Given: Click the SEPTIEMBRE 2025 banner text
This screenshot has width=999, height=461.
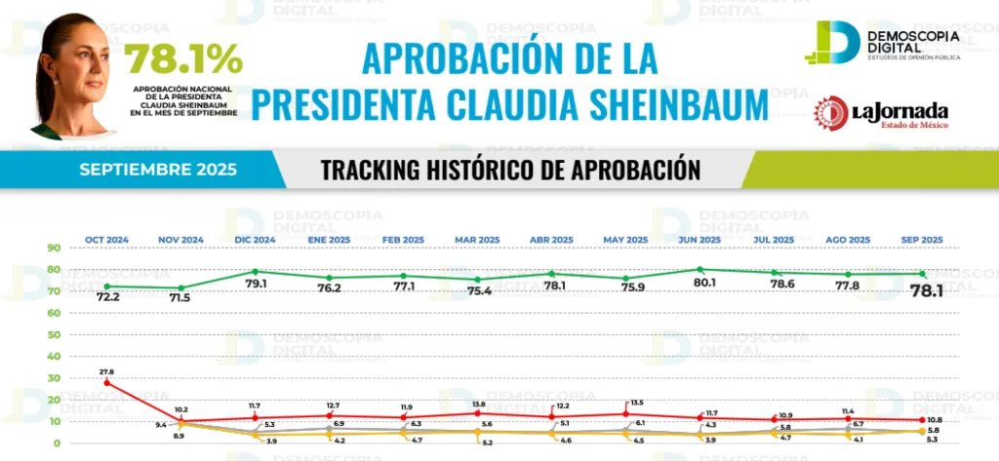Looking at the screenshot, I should click(158, 170).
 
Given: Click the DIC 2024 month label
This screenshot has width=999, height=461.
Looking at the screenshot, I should click(255, 240).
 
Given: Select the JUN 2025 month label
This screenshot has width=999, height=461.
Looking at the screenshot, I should click(699, 240).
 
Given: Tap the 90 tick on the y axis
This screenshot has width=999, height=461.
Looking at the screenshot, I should click(52, 249).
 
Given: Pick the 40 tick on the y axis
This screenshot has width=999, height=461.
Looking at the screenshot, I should click(52, 357).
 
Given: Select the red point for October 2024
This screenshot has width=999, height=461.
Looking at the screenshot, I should click(106, 383).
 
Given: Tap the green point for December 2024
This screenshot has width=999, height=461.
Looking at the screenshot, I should click(255, 272).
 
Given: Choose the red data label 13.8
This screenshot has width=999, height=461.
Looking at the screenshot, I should click(477, 403).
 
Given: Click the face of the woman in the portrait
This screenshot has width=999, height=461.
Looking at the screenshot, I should click(78, 70).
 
